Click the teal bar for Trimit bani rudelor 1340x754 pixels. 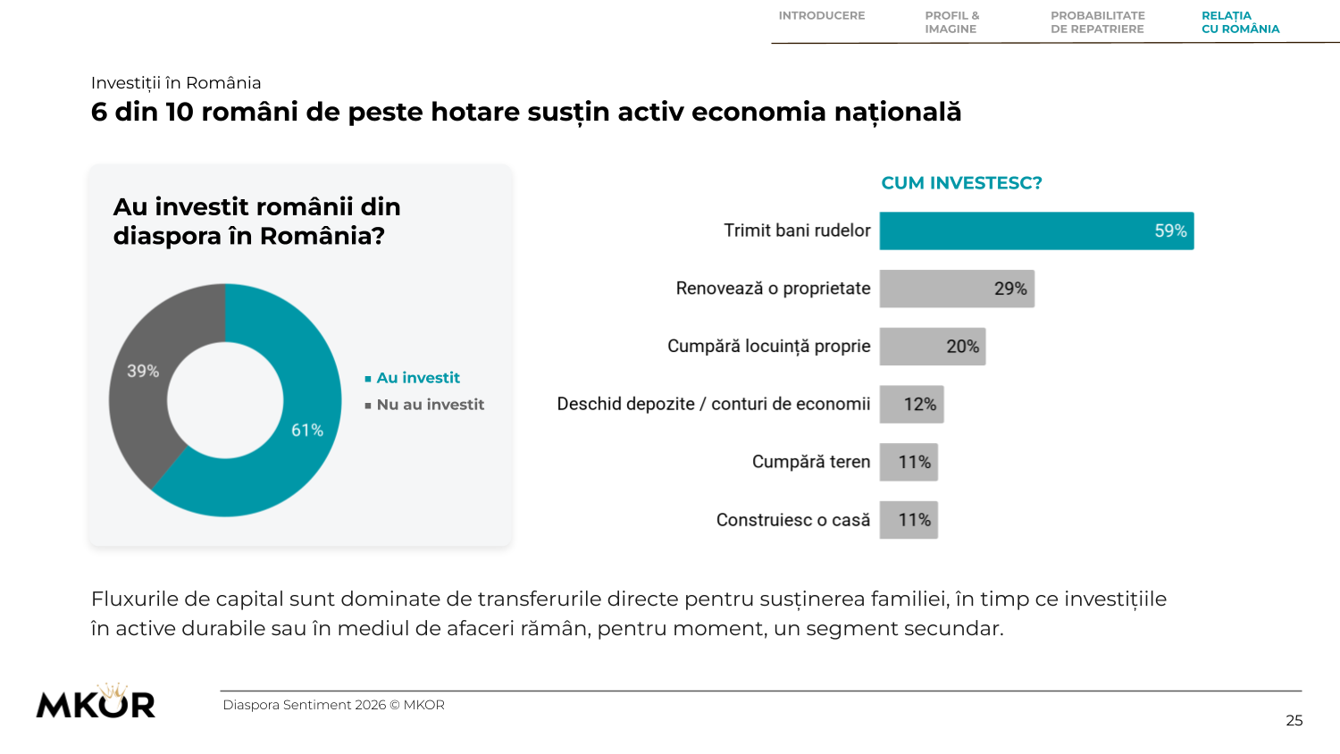click(1036, 230)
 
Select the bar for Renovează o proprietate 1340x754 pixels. click(957, 289)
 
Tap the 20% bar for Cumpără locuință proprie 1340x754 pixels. click(932, 347)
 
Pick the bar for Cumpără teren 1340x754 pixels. click(909, 462)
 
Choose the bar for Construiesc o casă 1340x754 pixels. click(909, 520)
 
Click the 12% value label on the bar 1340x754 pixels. click(919, 405)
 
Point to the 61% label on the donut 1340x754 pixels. click(307, 431)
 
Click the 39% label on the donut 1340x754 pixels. click(142, 371)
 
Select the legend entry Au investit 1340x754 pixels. click(412, 378)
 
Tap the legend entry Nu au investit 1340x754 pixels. click(424, 405)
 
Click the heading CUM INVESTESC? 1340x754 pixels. click(961, 183)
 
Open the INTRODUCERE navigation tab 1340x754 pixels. click(821, 15)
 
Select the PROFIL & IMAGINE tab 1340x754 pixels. click(951, 22)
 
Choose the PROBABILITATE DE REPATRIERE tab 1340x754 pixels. click(1098, 22)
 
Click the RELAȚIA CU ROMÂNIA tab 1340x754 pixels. click(1240, 22)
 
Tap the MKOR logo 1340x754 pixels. click(96, 700)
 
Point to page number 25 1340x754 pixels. click(1294, 720)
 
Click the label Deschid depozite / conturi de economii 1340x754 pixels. click(713, 404)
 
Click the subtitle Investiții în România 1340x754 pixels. click(176, 82)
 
